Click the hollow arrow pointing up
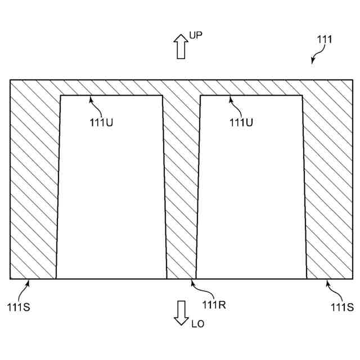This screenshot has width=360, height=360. pyautogui.click(x=181, y=46)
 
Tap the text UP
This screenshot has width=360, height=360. pyautogui.click(x=196, y=35)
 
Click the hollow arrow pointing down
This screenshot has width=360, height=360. pyautogui.click(x=181, y=312)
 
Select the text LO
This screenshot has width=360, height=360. pyautogui.click(x=197, y=323)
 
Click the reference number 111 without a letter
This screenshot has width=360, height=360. pyautogui.click(x=324, y=39)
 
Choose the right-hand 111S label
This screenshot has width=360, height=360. pyautogui.click(x=342, y=307)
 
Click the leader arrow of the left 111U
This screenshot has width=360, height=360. pyautogui.click(x=97, y=107)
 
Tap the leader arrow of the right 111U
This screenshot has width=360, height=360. pyautogui.click(x=236, y=107)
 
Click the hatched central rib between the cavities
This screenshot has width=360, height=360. pyautogui.click(x=181, y=186)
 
